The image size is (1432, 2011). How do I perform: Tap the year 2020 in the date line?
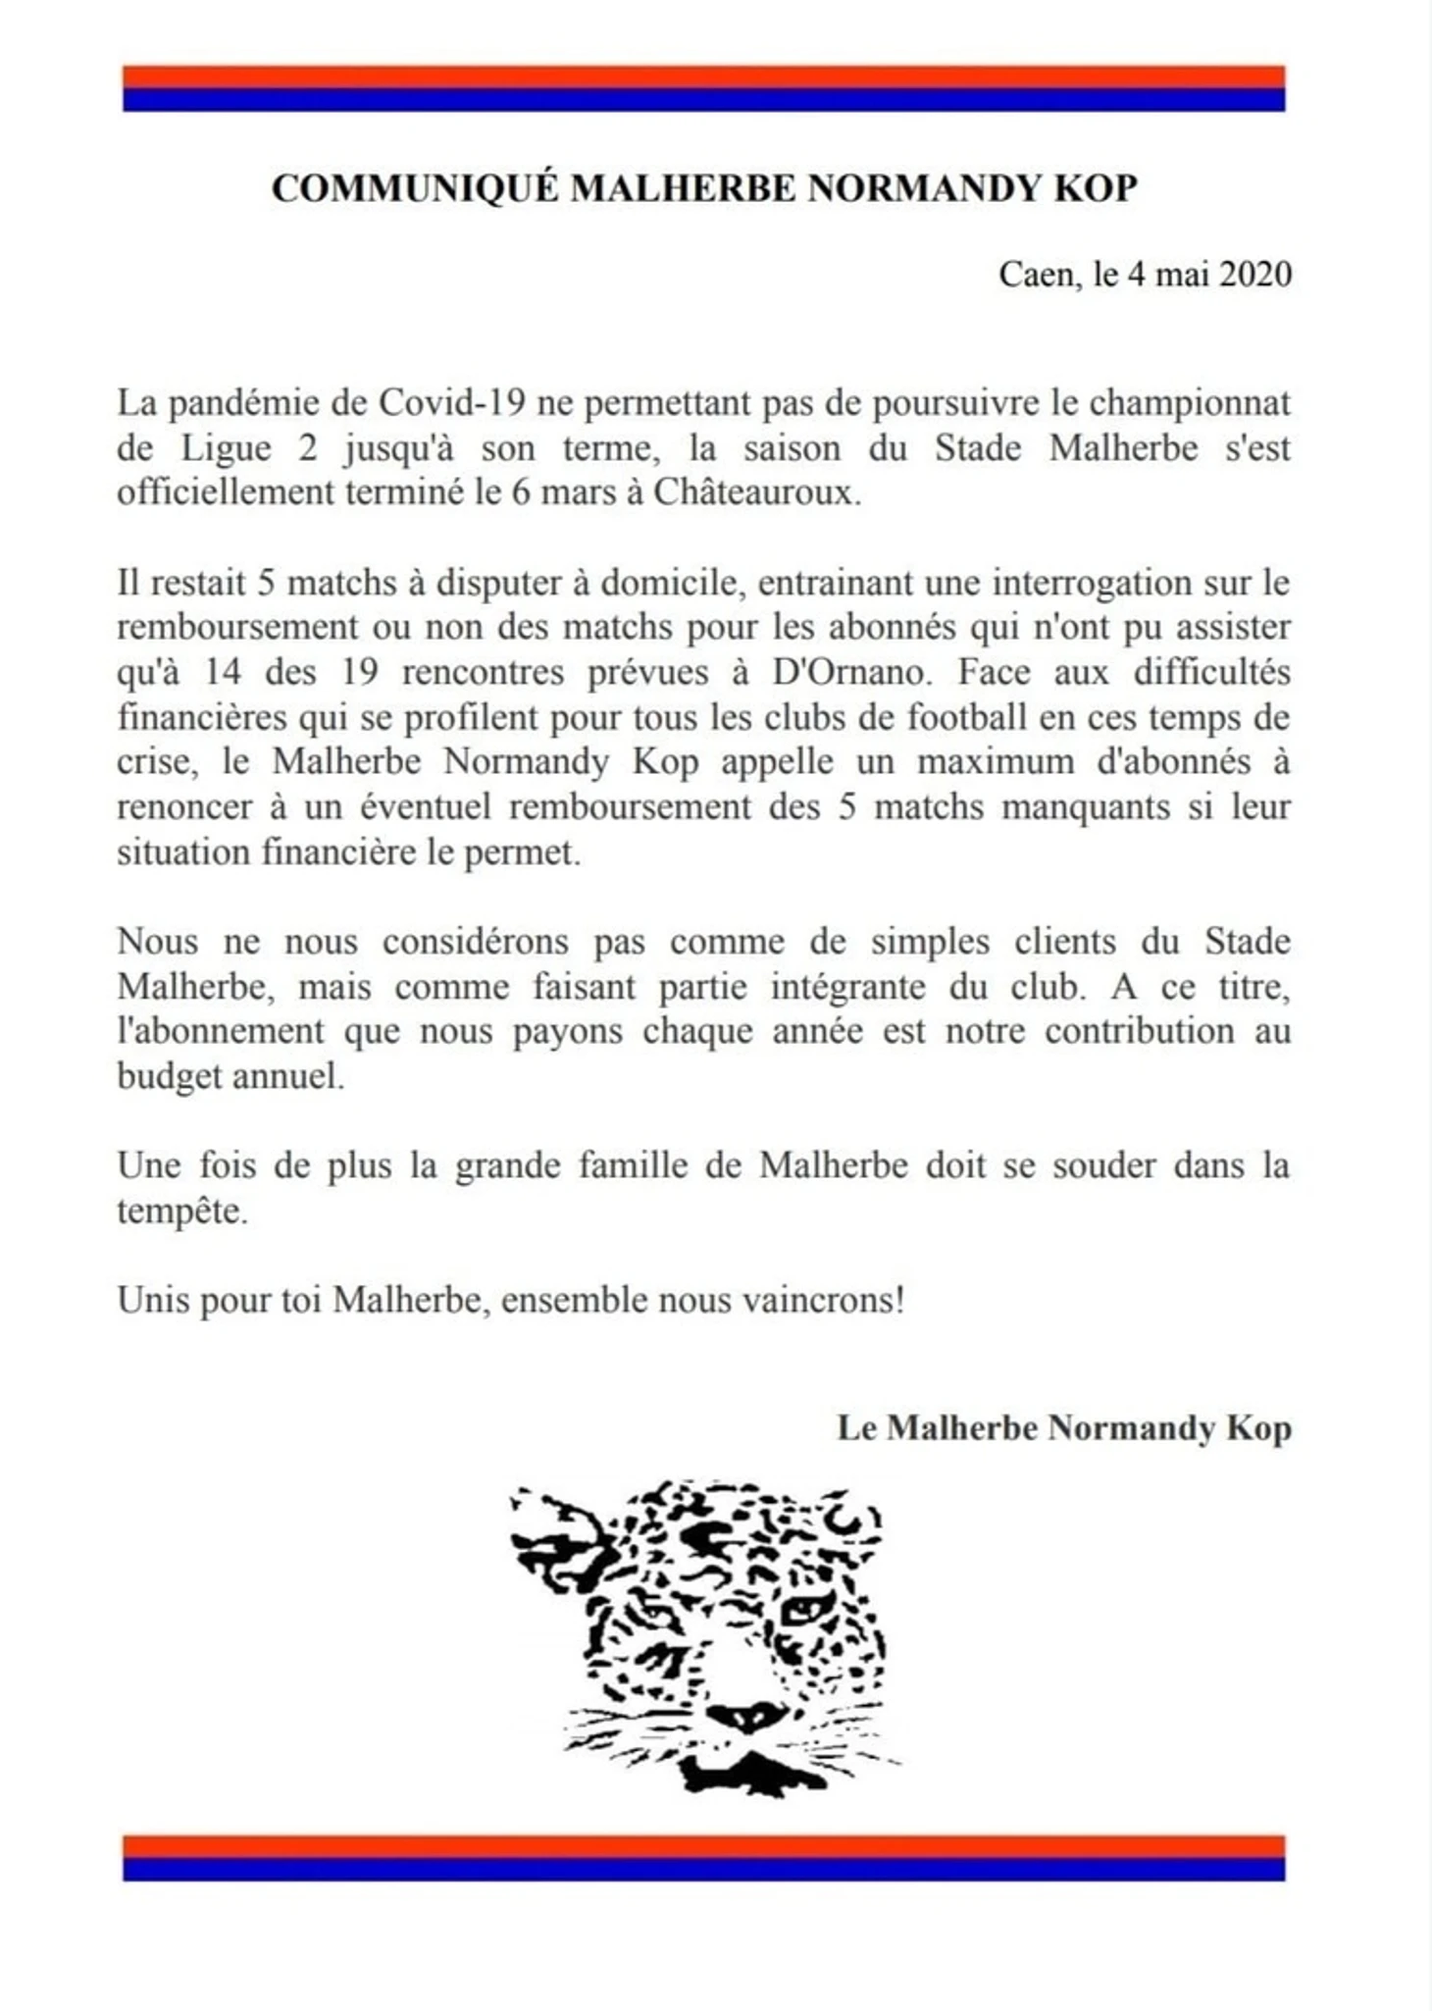point(1255,274)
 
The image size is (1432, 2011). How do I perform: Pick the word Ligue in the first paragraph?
point(226,447)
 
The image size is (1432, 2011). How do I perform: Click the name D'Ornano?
point(847,672)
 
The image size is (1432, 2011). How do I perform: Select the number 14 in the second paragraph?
point(224,672)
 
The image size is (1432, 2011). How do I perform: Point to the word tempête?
point(181,1211)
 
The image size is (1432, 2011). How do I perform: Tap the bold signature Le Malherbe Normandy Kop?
point(1063,1427)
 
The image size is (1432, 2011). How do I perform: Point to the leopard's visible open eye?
point(806,1610)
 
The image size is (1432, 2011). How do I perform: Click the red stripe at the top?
point(703,77)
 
